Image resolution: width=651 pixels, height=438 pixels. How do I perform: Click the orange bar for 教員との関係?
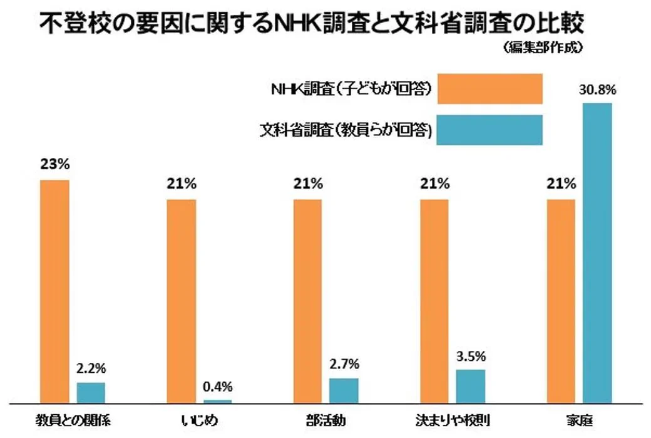[x=54, y=291]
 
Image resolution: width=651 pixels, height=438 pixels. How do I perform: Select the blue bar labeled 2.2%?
[x=91, y=392]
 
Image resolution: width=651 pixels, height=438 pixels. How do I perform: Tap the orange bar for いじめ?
[x=182, y=301]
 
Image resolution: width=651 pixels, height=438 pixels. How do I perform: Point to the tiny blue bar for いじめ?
[x=218, y=401]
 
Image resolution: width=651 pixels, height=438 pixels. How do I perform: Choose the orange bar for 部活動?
[x=307, y=301]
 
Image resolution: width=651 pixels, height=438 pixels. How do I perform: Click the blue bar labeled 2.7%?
[x=344, y=390]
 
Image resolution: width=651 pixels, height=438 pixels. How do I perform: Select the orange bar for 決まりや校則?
[x=434, y=301]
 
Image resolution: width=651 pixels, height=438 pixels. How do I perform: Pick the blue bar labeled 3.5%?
[x=470, y=386]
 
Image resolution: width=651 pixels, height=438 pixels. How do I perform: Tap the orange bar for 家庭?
[x=561, y=301]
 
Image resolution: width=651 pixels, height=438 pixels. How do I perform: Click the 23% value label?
[x=55, y=165]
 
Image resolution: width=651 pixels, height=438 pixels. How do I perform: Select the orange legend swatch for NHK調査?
[x=490, y=88]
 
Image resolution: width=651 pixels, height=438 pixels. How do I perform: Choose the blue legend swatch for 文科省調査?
[x=490, y=130]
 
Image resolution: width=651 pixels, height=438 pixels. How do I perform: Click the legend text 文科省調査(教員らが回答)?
[x=346, y=130]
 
